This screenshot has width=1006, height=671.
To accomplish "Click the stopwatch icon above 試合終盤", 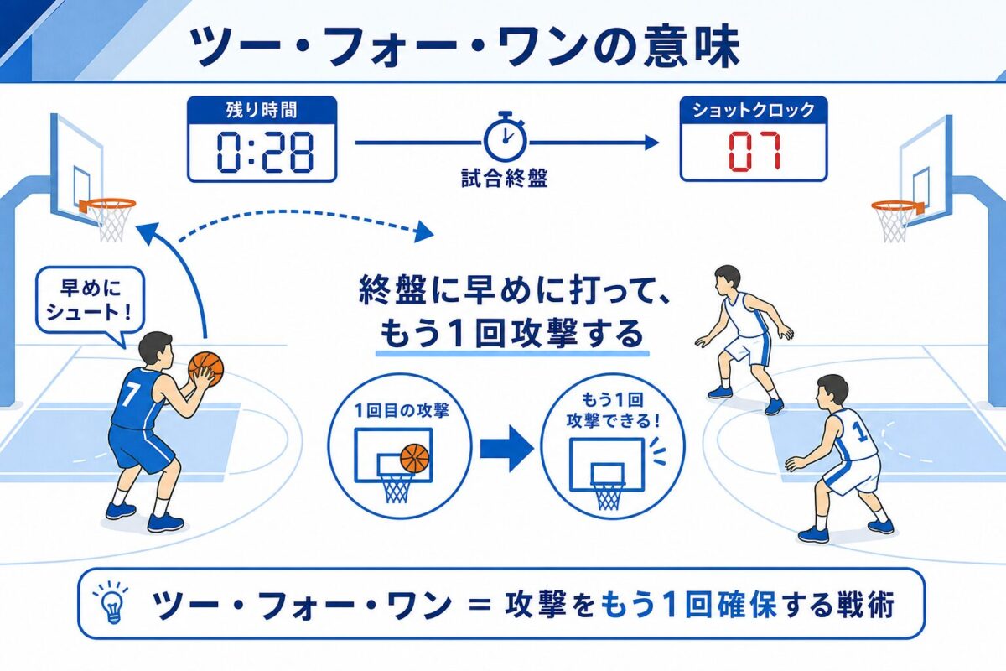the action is click(505, 136).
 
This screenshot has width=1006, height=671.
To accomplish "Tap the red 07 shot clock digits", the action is click(754, 151).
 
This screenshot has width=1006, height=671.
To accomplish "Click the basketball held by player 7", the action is click(205, 369).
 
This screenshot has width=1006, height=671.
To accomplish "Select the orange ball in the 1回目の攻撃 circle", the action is click(414, 458).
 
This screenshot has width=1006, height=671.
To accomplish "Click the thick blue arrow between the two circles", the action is click(507, 449).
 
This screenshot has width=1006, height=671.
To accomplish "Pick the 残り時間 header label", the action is click(262, 110).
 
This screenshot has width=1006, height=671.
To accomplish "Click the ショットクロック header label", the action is click(754, 110).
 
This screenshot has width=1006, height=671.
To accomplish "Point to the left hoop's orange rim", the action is click(108, 205).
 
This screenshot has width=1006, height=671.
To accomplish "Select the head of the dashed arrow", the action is click(423, 232).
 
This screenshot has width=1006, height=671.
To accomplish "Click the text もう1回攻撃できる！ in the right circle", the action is click(613, 410).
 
